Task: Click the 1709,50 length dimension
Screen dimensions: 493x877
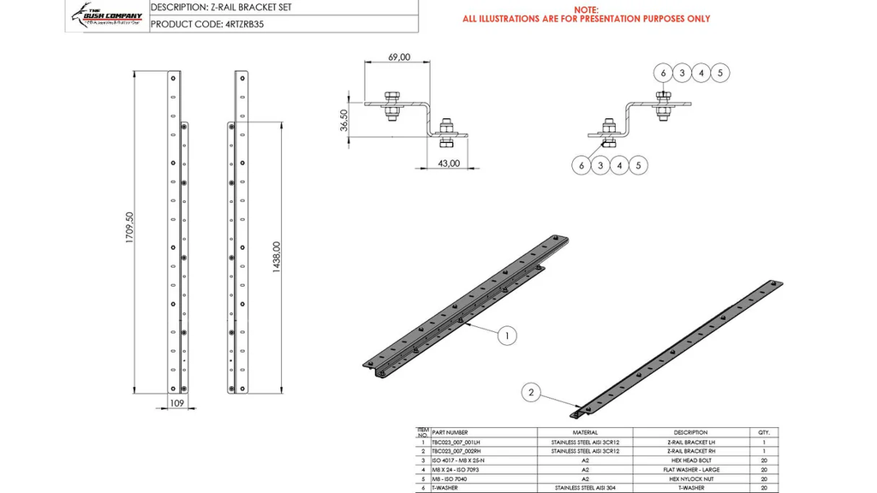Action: (x=129, y=229)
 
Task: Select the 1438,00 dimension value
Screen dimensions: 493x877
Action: (x=277, y=257)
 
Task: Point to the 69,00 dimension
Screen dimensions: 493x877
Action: (x=399, y=57)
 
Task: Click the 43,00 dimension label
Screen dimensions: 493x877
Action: (x=449, y=163)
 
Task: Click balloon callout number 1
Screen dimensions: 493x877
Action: (x=507, y=336)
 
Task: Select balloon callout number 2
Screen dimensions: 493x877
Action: (x=532, y=393)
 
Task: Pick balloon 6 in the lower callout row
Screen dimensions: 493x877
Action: (x=582, y=164)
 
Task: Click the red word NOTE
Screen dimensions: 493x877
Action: (x=586, y=9)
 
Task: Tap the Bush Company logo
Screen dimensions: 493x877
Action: (x=107, y=15)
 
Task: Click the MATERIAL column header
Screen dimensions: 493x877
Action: (x=585, y=432)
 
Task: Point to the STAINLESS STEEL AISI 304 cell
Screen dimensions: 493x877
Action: (x=585, y=488)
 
